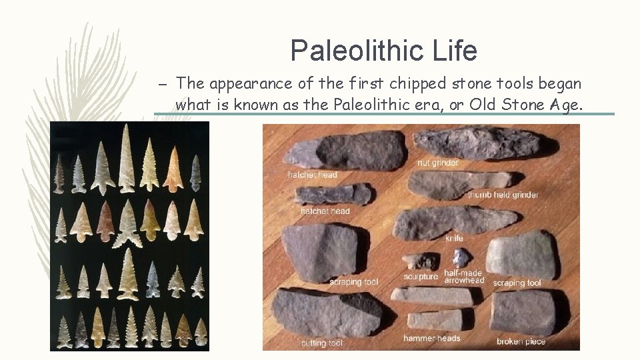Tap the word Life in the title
[455, 51]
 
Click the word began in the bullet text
[562, 84]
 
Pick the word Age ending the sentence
[565, 105]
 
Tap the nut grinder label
[437, 163]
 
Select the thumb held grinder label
[503, 195]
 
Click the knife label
[454, 238]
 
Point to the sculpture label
[421, 277]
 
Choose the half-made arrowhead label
[464, 277]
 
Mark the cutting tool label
[321, 343]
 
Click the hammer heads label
[431, 338]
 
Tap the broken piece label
[521, 341]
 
